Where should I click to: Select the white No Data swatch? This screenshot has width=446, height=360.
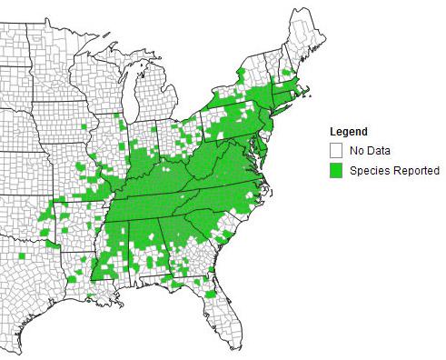pos(335,150)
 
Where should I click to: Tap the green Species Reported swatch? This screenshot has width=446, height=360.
pos(335,170)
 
